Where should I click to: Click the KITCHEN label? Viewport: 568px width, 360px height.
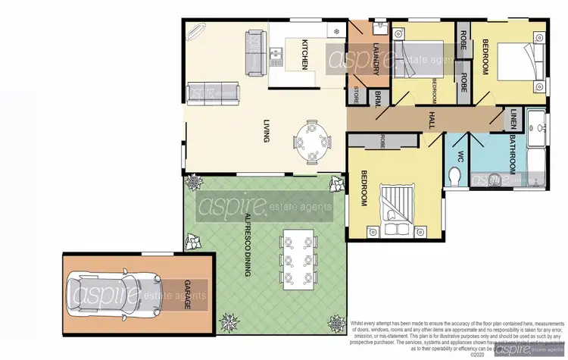pos(304,54)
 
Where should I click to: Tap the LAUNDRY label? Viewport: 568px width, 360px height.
pos(376,58)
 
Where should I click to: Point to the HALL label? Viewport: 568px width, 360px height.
pos(431,119)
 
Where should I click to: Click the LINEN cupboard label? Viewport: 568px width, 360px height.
pos(513,118)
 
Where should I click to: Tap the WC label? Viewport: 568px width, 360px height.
pos(460,157)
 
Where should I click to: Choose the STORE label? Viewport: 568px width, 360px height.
pos(357,95)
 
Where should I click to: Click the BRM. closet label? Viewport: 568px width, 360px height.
pos(377,97)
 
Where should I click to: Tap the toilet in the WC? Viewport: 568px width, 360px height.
pos(454,177)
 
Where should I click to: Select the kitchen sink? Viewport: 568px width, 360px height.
pos(276,54)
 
